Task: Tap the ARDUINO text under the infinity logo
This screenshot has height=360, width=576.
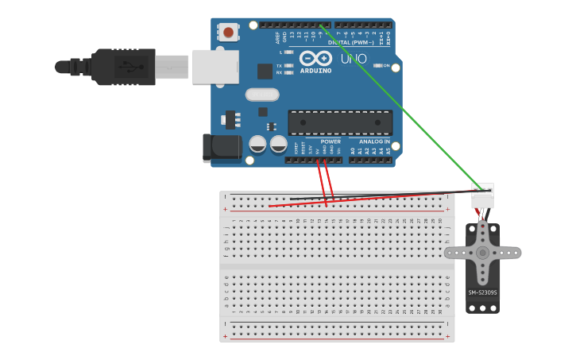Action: tap(315, 71)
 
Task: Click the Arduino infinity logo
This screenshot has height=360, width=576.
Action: tap(315, 58)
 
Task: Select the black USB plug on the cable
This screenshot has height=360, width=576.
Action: tap(123, 67)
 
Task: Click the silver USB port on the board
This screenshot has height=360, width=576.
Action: tap(215, 66)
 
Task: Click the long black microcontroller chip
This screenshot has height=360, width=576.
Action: tap(339, 122)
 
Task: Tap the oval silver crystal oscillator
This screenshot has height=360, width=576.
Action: tap(262, 95)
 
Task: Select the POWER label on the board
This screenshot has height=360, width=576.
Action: tap(331, 141)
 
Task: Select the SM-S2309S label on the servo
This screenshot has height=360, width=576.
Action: tap(482, 292)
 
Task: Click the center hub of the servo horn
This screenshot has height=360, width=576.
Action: tap(482, 253)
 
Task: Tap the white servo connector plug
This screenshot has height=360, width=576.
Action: tap(482, 195)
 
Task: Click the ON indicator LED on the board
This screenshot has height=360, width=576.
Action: tap(377, 66)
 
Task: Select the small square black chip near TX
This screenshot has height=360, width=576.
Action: tap(265, 71)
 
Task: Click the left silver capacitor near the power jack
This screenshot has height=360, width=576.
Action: tap(257, 144)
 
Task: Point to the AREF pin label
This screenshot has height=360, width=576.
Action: tap(277, 37)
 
